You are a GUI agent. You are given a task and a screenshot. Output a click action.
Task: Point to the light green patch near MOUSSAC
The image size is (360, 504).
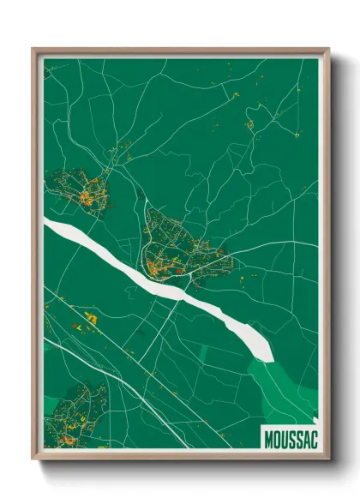tap(283, 386)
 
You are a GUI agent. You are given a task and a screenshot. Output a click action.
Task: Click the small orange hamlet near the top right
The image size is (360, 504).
tap(249, 125)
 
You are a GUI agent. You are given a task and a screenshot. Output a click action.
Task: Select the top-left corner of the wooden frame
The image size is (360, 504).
tap(34, 51)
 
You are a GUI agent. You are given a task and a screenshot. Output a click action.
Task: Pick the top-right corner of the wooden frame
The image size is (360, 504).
tap(327, 51)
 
